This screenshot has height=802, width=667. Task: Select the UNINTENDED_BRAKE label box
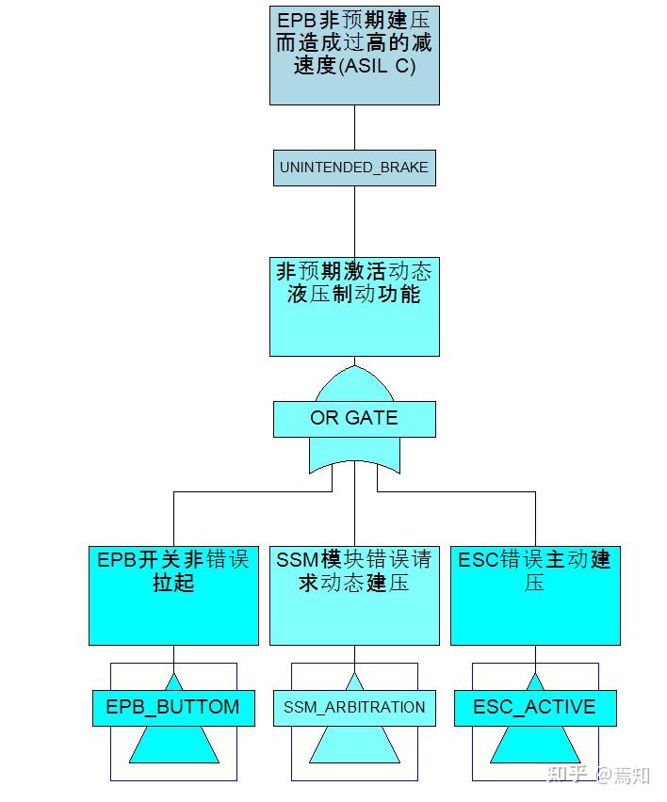pyautogui.click(x=354, y=168)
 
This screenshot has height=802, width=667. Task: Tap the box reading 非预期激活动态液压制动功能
pyautogui.click(x=354, y=307)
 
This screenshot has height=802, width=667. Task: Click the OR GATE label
pyautogui.click(x=354, y=419)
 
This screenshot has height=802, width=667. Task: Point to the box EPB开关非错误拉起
pyautogui.click(x=173, y=595)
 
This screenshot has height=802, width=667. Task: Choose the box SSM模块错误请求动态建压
pyautogui.click(x=354, y=595)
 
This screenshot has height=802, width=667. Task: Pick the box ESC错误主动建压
pyautogui.click(x=535, y=595)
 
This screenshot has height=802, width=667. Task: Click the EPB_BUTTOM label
pyautogui.click(x=173, y=708)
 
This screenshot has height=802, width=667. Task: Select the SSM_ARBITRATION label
pyautogui.click(x=354, y=708)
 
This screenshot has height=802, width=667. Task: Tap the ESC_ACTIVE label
pyautogui.click(x=535, y=708)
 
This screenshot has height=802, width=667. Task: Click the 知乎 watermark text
pyautogui.click(x=568, y=776)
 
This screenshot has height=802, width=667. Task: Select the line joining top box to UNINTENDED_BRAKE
pyautogui.click(x=354, y=127)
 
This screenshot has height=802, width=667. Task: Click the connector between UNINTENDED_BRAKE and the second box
pyautogui.click(x=354, y=221)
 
